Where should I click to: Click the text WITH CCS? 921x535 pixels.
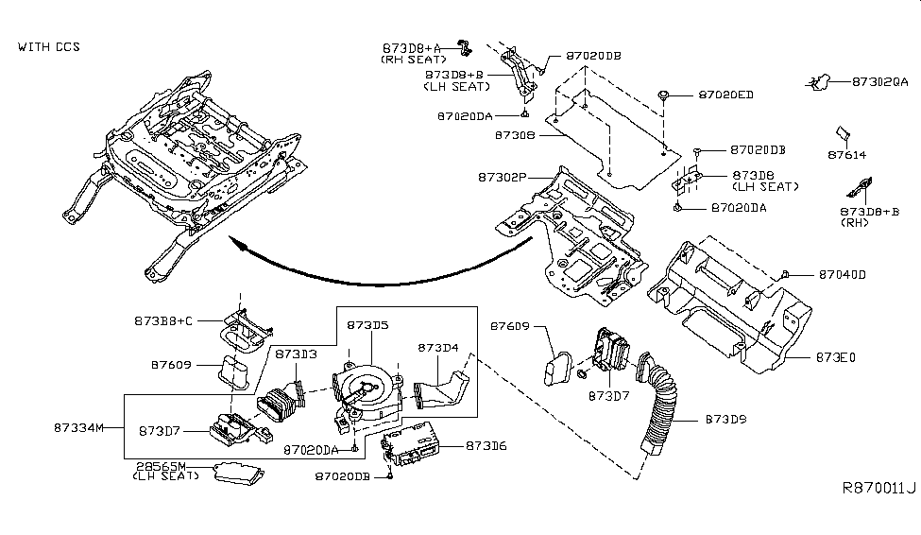coord(50,45)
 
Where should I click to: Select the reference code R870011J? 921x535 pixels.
coord(877,488)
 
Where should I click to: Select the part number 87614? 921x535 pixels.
coord(846,154)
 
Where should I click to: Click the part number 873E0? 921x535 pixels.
coord(834,358)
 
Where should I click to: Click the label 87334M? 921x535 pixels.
coord(79,427)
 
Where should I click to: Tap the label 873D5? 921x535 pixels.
coord(367,324)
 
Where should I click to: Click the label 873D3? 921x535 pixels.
coord(296,353)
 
